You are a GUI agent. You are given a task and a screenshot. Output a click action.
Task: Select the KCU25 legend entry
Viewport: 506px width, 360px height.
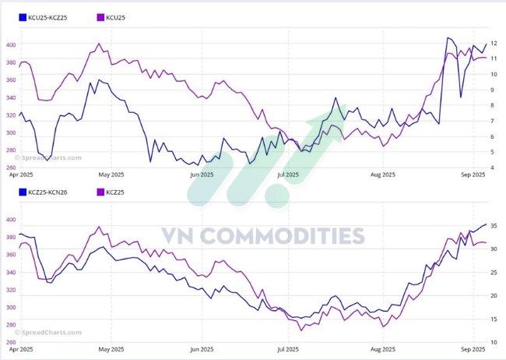[x=114, y=16]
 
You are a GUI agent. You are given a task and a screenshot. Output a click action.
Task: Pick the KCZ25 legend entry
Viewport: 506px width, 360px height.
[x=114, y=192]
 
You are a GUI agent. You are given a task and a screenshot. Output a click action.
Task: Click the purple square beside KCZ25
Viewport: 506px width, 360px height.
[x=99, y=192]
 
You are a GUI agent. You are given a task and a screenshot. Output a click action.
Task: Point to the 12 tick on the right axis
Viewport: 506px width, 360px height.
[x=494, y=43]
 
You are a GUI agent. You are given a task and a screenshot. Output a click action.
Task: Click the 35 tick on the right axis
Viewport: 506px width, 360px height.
[x=494, y=226]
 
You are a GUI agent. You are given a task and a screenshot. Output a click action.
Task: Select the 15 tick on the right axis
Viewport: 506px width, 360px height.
[x=494, y=319]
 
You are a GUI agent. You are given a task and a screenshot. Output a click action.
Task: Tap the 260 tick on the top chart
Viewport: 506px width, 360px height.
[x=10, y=168]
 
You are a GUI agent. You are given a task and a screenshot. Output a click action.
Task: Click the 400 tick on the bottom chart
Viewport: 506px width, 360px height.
[x=10, y=220]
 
